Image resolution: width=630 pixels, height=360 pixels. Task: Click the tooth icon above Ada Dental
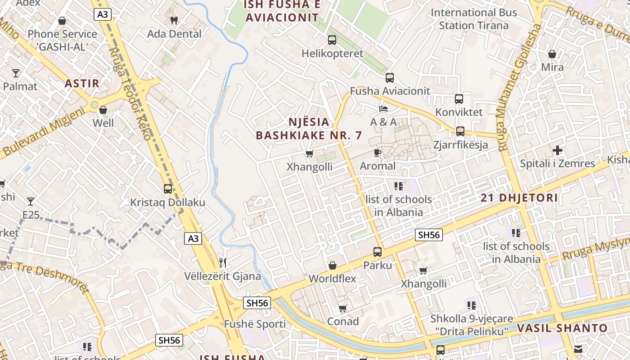(174, 20)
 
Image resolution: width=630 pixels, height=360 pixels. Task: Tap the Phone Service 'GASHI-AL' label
(62, 40)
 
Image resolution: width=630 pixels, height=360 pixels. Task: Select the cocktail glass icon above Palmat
(16, 73)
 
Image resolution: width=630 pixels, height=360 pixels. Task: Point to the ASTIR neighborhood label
(82, 83)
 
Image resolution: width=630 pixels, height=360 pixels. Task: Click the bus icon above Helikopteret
(332, 40)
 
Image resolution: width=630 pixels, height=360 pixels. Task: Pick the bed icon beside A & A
(383, 109)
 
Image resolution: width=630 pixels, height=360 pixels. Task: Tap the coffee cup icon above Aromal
(378, 153)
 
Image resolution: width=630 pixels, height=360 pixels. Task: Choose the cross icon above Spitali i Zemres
(558, 150)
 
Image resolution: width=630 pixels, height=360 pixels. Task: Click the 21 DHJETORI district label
(519, 198)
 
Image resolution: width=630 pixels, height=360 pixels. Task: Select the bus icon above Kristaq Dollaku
(168, 189)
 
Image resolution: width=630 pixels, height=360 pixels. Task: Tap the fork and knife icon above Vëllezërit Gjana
(223, 262)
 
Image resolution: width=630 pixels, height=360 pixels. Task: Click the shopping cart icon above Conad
(343, 308)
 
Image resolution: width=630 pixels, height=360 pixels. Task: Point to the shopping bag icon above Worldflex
(333, 265)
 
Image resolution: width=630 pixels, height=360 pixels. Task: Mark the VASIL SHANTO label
(562, 328)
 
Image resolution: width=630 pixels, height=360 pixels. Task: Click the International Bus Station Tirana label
(474, 19)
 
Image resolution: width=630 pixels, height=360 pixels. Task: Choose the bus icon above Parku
(378, 252)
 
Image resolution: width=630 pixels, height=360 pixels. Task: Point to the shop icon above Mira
(552, 54)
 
